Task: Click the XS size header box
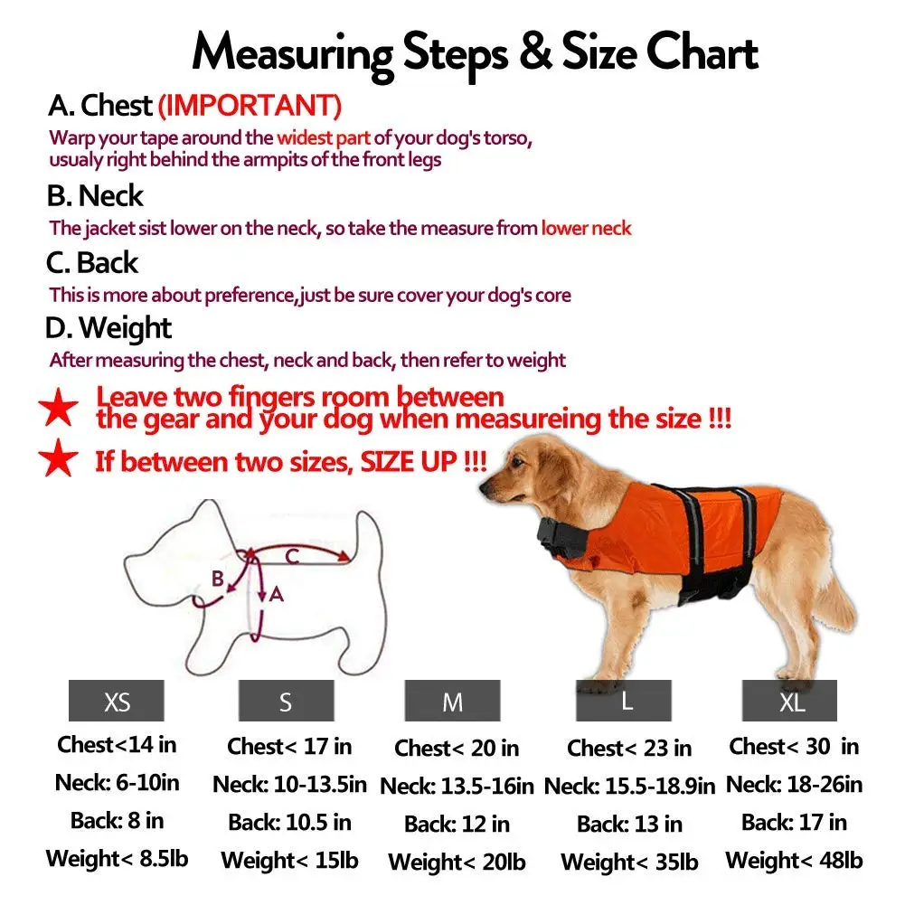[116, 700]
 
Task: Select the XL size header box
[789, 700]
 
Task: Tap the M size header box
[452, 700]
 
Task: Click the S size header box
[287, 700]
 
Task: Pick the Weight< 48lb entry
[794, 860]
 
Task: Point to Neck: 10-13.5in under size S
[289, 785]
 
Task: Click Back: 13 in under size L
[629, 824]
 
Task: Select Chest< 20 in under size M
[457, 748]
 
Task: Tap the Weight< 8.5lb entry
[118, 858]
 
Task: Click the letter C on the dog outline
[292, 556]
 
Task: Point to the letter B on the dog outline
[218, 578]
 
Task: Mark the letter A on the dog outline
[277, 594]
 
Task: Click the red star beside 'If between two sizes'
[58, 457]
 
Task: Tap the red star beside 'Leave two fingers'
[58, 407]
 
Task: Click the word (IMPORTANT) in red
[250, 106]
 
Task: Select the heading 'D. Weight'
[108, 328]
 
